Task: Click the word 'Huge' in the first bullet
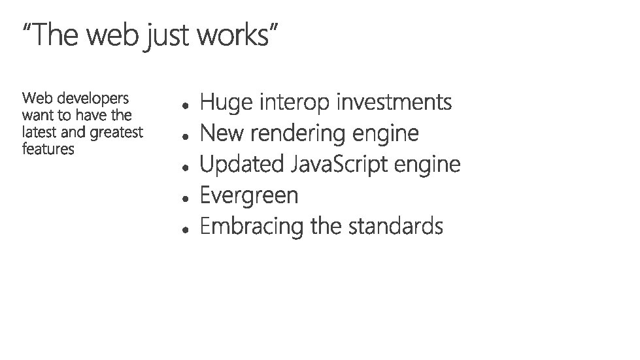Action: [226, 103]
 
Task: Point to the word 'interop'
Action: [295, 104]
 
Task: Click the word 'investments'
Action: [394, 103]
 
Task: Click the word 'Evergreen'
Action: [249, 196]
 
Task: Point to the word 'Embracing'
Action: [252, 227]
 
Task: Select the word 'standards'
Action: [396, 227]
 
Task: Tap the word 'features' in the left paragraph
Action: [48, 150]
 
